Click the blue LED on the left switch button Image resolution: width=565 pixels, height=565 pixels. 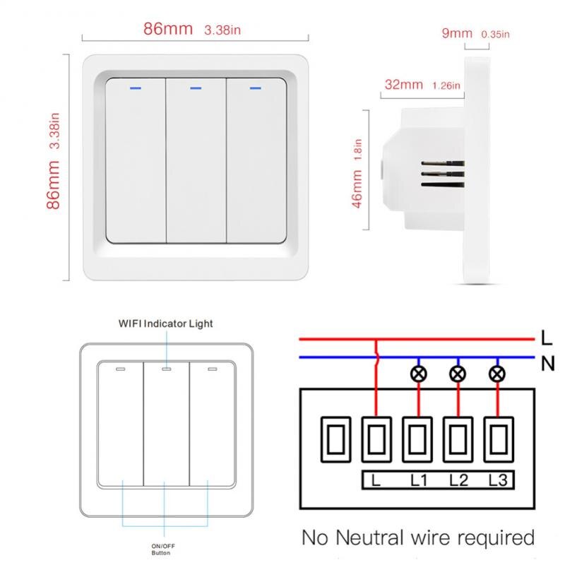tap(134, 89)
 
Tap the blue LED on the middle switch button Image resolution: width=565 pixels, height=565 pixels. tap(196, 89)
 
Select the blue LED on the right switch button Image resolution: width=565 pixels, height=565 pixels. tap(256, 89)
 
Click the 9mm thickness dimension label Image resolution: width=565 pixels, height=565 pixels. tap(457, 33)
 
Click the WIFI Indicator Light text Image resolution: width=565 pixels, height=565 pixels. tap(165, 323)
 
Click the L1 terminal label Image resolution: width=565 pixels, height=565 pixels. tap(419, 482)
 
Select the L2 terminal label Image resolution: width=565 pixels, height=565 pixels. tap(458, 482)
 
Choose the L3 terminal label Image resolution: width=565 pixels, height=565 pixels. tap(497, 482)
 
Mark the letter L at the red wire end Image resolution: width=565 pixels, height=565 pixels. tap(547, 338)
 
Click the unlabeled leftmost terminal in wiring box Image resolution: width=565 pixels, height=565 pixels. tap(335, 439)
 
